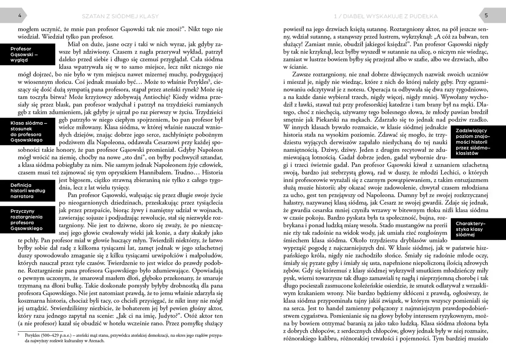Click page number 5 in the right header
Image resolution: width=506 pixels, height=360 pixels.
[486, 16]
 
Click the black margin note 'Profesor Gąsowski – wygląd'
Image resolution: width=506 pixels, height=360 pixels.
[27, 54]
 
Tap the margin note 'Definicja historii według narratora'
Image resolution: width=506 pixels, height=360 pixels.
[27, 191]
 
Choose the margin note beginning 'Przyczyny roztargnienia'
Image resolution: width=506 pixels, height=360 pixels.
[27, 220]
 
